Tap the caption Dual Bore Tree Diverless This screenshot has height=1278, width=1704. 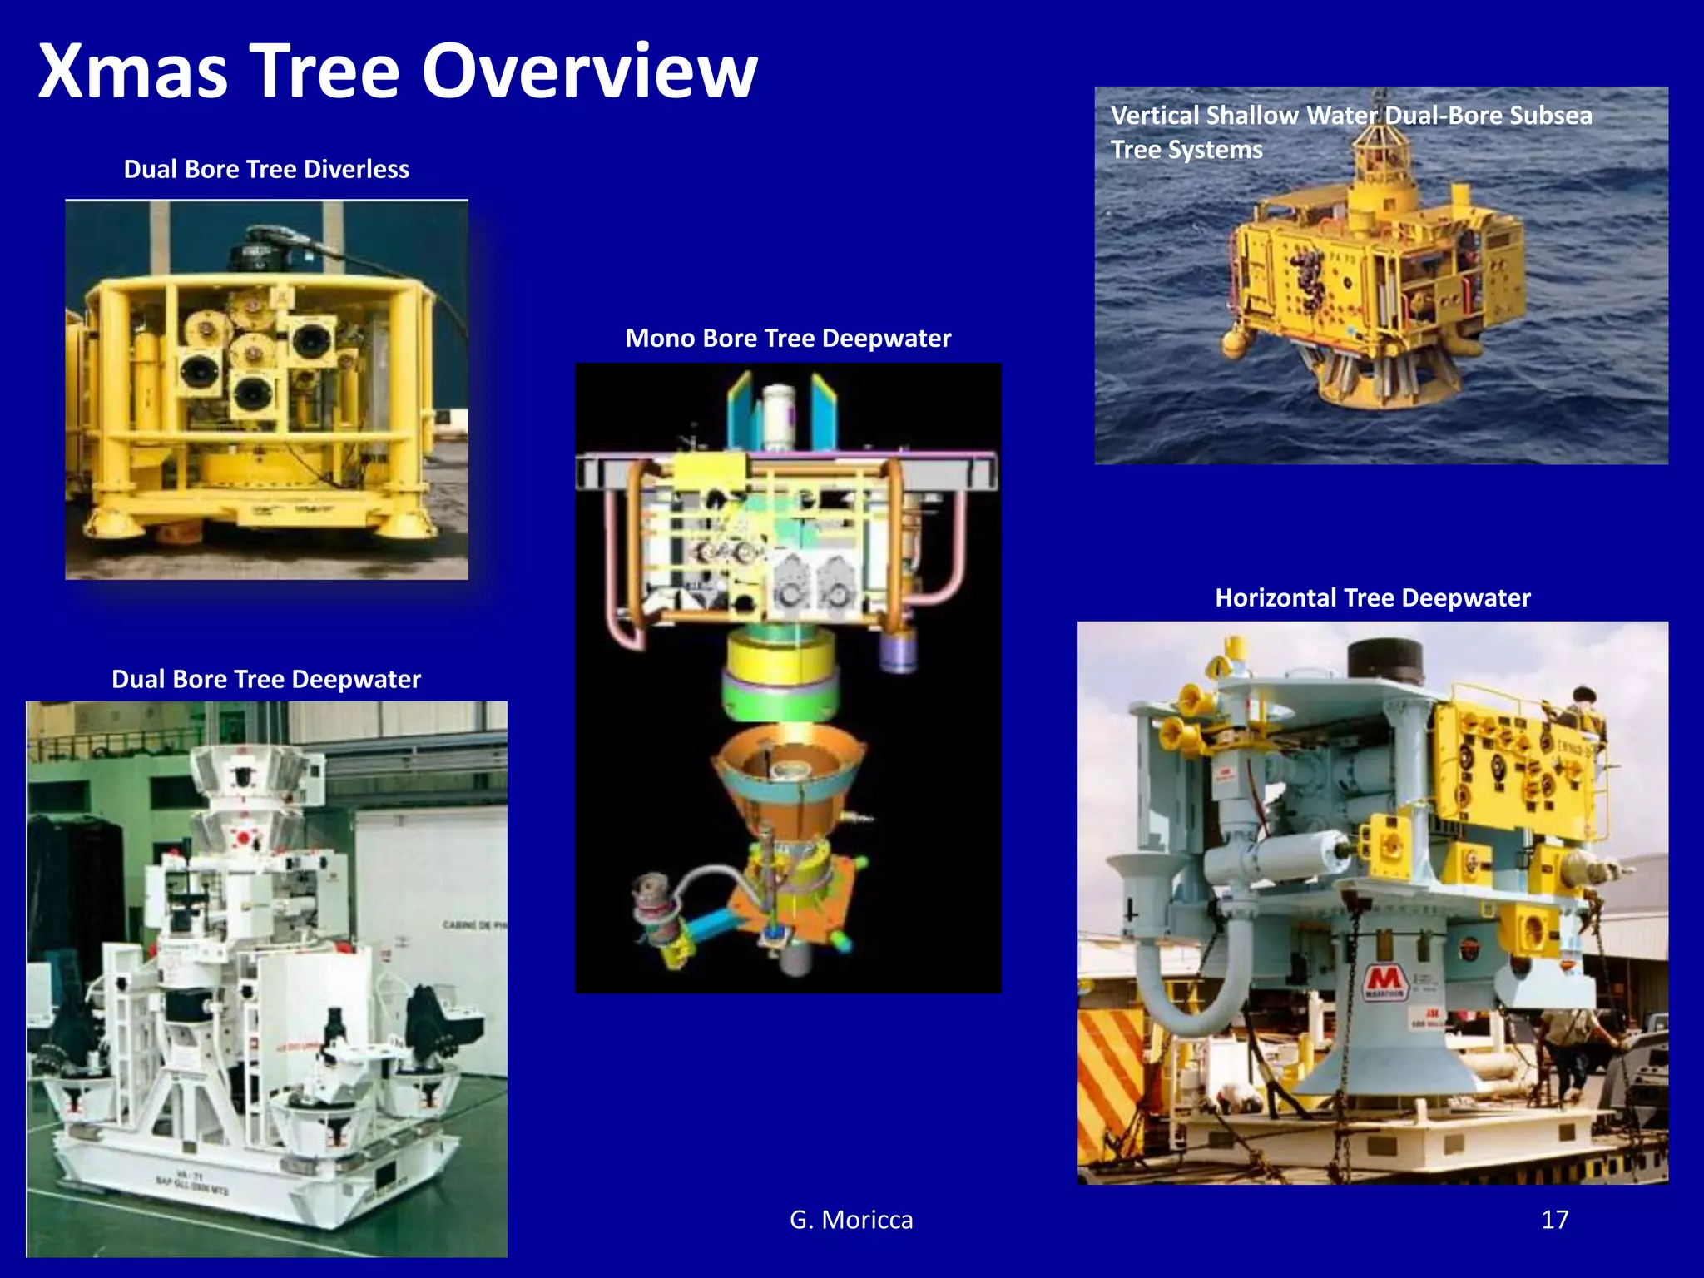coord(266,169)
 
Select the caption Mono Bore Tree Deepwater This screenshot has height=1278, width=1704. coord(788,338)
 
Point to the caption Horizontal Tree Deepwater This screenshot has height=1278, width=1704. coord(1372,597)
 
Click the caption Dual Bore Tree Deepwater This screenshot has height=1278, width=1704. coord(266,679)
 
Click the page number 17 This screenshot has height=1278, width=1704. coord(1554,1220)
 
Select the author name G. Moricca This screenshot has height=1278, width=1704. coord(851,1220)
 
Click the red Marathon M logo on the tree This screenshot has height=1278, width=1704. coord(1384,979)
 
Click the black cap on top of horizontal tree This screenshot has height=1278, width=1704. coord(1384,661)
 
